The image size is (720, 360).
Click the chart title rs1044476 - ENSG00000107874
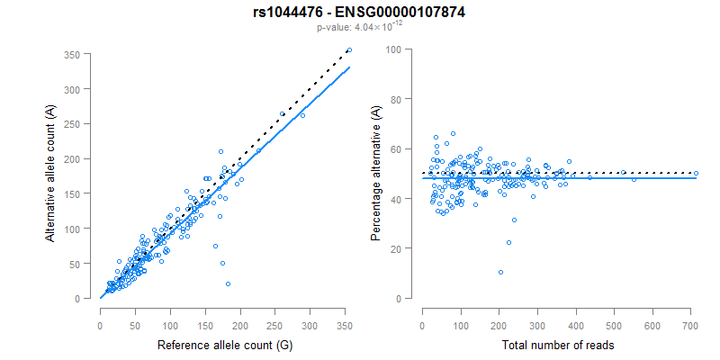[x=359, y=13]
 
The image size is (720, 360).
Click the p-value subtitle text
[x=359, y=28]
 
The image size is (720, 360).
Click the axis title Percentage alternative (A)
[x=375, y=173]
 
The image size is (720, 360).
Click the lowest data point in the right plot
[x=500, y=272]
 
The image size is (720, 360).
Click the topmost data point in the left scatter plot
[x=349, y=50]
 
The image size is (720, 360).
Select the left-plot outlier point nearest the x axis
[x=228, y=283]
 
